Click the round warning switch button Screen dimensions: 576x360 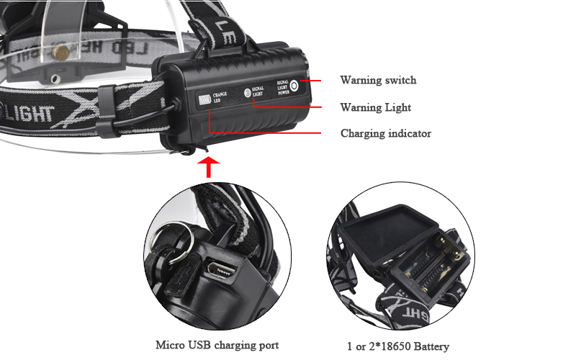294,84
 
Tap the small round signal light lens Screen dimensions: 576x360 246,92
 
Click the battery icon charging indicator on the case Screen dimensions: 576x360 204,100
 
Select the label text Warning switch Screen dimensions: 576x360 378,80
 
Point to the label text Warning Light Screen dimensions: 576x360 375,107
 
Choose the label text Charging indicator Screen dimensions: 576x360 385,133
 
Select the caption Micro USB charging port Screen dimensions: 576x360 217,345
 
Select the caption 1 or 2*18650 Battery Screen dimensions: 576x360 397,346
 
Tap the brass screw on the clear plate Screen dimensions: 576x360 61,50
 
